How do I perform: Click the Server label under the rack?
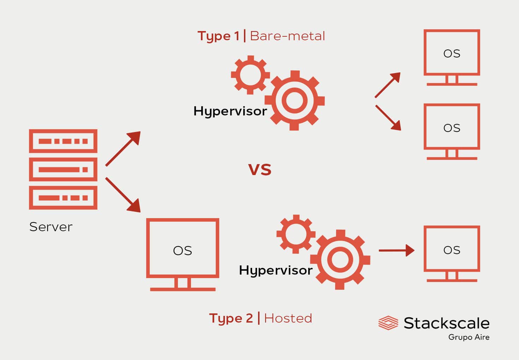point(51,227)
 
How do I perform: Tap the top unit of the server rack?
point(63,141)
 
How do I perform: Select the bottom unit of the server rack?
point(63,198)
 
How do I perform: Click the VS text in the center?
point(260,170)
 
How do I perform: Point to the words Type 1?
point(218,36)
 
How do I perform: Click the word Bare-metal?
point(287,36)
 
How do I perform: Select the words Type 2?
point(231,318)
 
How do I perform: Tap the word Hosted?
point(288,318)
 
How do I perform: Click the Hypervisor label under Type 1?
point(230,111)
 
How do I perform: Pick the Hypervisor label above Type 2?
point(276,270)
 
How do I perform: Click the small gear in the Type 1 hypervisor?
point(250,75)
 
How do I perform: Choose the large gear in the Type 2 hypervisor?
point(340,259)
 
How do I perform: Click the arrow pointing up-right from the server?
point(123,149)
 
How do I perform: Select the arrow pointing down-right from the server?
point(123,195)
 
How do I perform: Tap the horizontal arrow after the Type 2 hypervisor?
point(396,250)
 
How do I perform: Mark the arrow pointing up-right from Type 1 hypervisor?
point(388,85)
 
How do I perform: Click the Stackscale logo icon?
point(388,323)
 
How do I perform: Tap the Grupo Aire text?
point(469,337)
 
